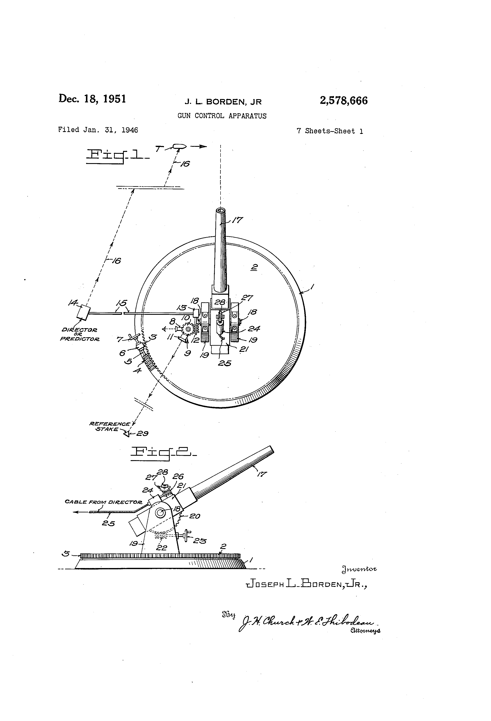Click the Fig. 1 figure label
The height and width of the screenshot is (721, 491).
click(117, 155)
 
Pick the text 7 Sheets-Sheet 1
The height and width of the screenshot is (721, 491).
click(330, 131)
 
